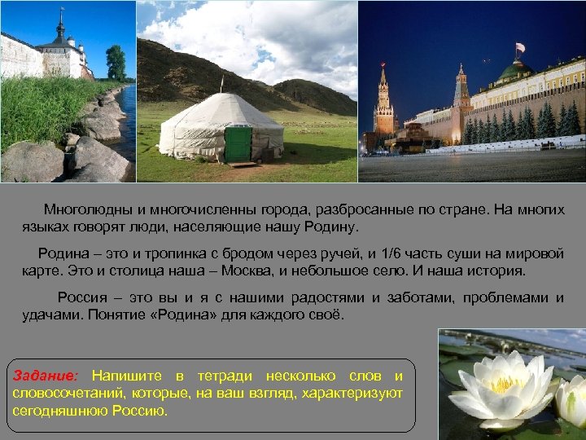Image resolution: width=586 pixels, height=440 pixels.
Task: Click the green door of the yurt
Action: (238, 143)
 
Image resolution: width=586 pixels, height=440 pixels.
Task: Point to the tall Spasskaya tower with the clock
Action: (383, 102)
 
